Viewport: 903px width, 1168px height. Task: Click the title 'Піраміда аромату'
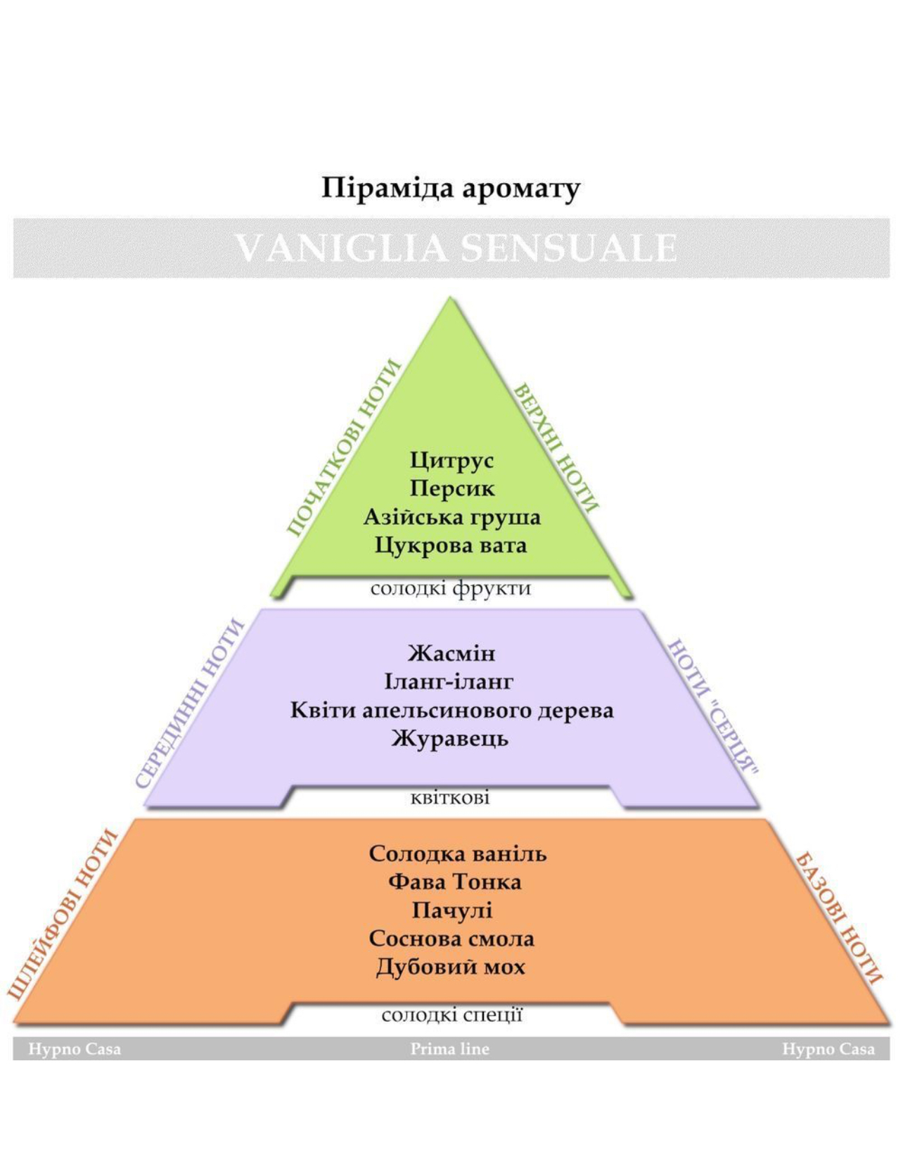click(451, 189)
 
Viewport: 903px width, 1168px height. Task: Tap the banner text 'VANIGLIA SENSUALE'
click(456, 248)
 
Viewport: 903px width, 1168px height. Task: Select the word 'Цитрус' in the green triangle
click(451, 461)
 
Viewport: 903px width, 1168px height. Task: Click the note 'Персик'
click(451, 489)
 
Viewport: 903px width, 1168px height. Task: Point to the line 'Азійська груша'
click(451, 518)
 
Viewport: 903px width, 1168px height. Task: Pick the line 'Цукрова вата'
click(451, 545)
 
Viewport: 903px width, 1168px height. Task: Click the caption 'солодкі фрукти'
click(451, 588)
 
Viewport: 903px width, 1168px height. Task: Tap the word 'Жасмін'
click(451, 654)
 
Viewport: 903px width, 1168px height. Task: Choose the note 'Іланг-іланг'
click(449, 683)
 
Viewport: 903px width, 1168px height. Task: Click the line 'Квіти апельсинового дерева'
click(451, 711)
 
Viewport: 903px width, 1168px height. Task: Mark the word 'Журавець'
click(449, 739)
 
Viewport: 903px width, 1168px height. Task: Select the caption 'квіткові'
click(450, 798)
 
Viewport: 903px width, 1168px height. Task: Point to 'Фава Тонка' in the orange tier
click(454, 882)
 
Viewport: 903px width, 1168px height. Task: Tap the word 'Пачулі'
click(451, 910)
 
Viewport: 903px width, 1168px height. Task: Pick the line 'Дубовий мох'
click(450, 967)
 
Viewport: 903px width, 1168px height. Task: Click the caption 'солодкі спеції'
click(451, 1015)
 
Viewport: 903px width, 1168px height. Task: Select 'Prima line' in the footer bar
click(450, 1049)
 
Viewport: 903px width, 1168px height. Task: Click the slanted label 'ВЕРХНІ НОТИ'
click(556, 447)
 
